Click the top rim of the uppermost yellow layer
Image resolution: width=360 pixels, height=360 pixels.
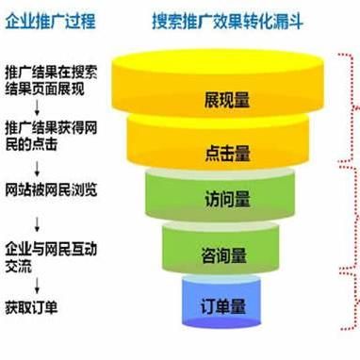click(225, 58)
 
